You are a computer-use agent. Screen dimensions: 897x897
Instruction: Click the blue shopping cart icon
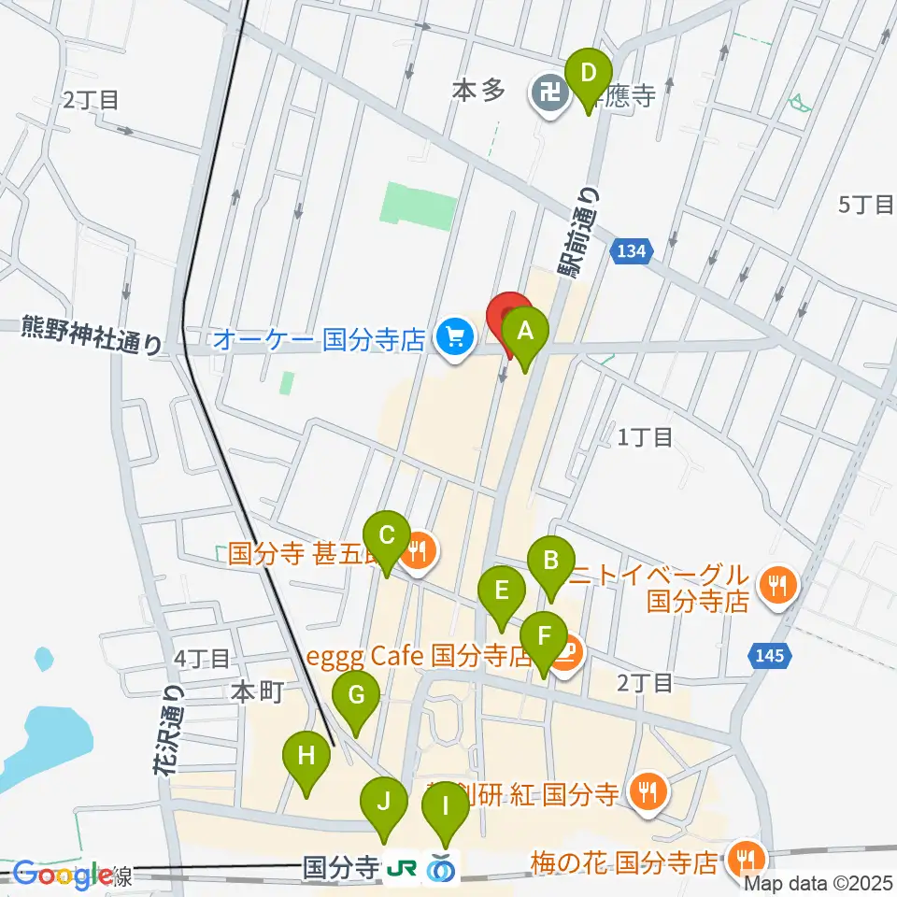pyautogui.click(x=455, y=337)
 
